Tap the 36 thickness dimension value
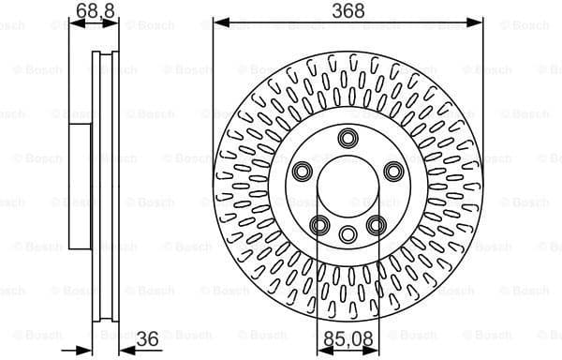146,340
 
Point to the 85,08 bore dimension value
348,340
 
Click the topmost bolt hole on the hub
348,140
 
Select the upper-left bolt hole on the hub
303,172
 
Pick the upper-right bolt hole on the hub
392,172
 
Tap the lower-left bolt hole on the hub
319,224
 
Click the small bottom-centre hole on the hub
348,234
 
